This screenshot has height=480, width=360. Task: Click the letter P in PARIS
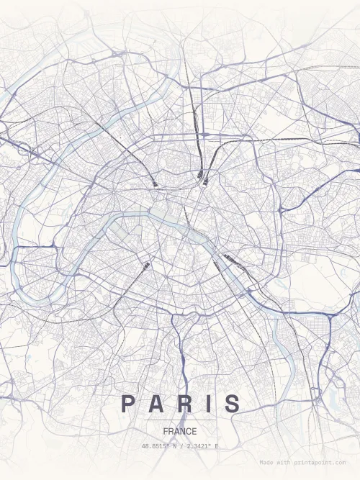click(127, 404)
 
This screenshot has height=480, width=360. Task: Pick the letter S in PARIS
click(232, 404)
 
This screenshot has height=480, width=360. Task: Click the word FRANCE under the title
click(180, 431)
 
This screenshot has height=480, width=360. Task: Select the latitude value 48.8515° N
click(161, 446)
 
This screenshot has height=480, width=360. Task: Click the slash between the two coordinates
click(181, 446)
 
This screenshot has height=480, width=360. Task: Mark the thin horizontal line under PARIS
click(180, 420)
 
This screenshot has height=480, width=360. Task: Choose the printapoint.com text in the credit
click(321, 463)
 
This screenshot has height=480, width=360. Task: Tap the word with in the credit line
click(284, 463)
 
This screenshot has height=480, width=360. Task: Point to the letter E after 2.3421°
click(216, 446)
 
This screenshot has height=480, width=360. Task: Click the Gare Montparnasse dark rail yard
click(146, 266)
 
